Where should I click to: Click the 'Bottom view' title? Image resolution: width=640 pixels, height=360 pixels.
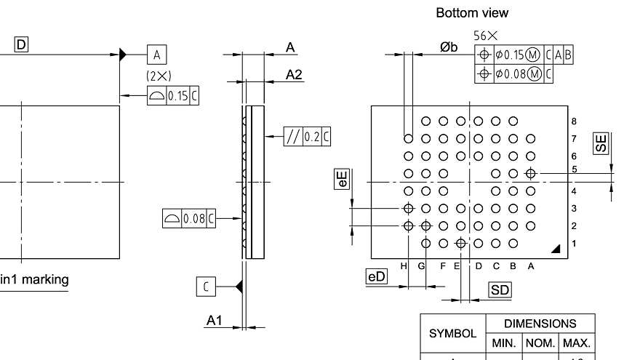pos(472,13)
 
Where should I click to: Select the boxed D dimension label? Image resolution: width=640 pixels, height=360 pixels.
pos(21,45)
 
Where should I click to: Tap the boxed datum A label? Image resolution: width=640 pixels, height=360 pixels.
pos(156,54)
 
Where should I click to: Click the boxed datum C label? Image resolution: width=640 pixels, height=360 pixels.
pos(206,287)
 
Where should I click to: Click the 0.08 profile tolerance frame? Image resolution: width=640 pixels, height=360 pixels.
pos(188,218)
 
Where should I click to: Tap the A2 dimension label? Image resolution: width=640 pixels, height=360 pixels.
pos(294,74)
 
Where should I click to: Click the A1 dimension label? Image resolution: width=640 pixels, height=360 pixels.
pos(214,320)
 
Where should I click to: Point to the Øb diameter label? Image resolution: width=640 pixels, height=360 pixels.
pos(449,47)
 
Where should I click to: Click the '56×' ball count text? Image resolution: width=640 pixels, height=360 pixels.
pos(486,35)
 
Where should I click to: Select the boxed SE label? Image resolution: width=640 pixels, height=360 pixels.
pos(601,143)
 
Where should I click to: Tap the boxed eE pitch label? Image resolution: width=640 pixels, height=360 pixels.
pos(342,179)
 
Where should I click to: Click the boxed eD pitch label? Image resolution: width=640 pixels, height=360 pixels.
pos(377,276)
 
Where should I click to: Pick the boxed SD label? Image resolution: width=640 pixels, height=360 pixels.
pos(500,290)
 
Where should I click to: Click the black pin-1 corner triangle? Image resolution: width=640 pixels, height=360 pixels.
pos(556,249)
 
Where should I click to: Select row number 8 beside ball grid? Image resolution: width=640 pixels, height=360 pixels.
pos(574,121)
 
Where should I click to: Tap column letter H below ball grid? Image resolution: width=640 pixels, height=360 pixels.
pos(404,266)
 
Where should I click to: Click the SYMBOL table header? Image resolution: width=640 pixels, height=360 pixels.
pos(452,334)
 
